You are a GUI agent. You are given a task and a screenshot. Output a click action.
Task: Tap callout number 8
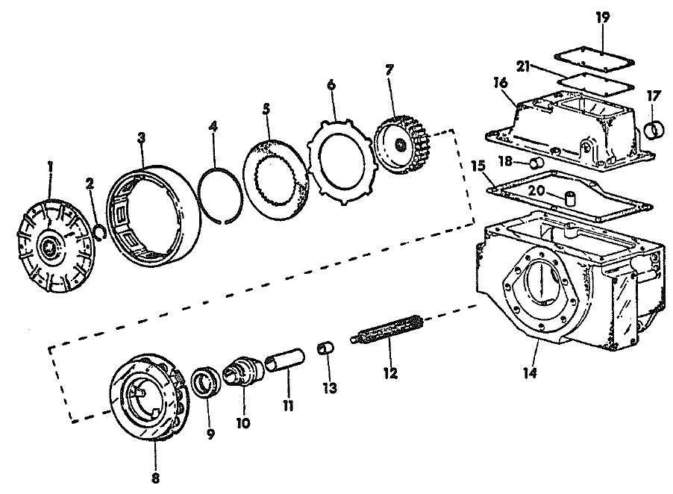click(155, 476)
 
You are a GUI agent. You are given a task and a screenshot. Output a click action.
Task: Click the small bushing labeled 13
click(324, 348)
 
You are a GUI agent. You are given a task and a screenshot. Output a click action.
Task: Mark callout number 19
click(603, 16)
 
